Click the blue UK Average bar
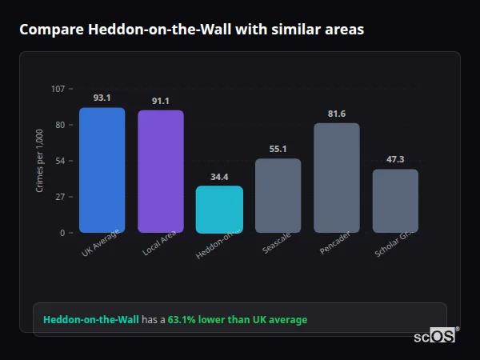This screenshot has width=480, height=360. tap(102, 170)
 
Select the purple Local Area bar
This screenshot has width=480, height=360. tap(160, 172)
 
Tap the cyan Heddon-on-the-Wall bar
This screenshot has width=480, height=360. tap(219, 210)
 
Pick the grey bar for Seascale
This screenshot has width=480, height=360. tap(278, 196)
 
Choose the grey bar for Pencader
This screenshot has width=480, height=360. tap(337, 178)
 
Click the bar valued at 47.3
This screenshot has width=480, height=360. tap(395, 201)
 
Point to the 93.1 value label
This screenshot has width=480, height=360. tap(102, 98)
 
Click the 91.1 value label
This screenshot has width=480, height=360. tap(160, 101)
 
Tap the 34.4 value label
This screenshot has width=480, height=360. tap(219, 177)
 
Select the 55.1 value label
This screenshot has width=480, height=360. tap(278, 149)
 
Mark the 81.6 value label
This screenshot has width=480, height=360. tap(337, 114)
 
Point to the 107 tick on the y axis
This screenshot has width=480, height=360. tap(58, 89)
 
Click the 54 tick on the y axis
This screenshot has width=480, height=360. tap(60, 161)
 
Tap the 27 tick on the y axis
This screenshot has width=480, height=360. tap(60, 197)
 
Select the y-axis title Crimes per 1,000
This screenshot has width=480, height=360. tap(40, 161)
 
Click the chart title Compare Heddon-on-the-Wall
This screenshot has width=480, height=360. tap(191, 30)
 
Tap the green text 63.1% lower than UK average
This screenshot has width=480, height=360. tap(237, 320)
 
